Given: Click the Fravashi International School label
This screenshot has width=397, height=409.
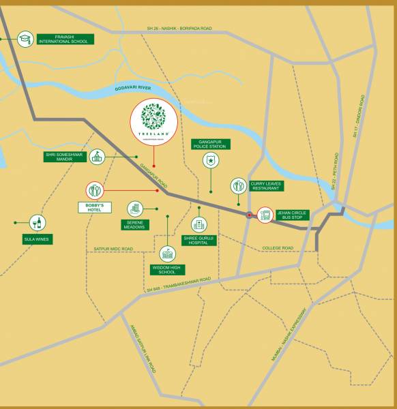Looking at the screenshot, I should [65, 39].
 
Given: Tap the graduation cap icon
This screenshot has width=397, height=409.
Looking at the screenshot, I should [25, 39].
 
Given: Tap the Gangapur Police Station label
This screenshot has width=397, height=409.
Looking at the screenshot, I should [211, 144].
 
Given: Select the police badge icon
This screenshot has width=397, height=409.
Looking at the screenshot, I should [211, 161].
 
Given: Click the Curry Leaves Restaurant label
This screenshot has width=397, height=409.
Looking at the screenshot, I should [265, 185].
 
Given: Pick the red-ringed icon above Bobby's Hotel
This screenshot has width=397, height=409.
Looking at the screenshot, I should [95, 191].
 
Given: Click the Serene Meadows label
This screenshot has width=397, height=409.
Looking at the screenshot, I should [134, 224].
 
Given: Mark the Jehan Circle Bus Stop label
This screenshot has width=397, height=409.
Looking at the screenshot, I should [291, 215].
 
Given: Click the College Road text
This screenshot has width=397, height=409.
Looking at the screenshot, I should [278, 248].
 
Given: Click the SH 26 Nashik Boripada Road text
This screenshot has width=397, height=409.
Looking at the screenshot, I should [179, 29].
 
